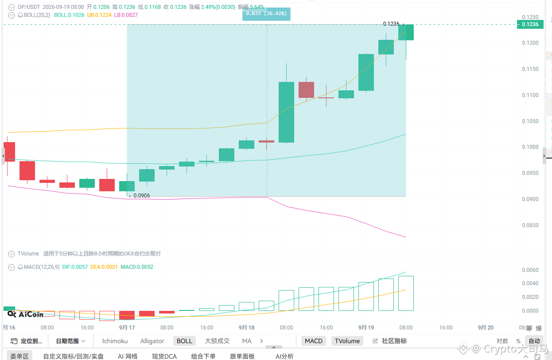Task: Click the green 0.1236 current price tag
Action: coord(530,24)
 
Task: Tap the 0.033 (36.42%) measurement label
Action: coord(266,14)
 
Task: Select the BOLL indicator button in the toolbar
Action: coord(184,341)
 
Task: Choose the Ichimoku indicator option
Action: coord(115,341)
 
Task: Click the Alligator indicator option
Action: coord(152,341)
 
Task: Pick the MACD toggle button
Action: coord(314,341)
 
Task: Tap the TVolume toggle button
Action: coord(347,341)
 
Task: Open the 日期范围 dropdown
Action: coord(70,341)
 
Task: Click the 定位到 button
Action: coord(26,341)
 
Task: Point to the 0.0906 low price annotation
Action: coord(141,196)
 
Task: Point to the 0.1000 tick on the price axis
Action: coord(530,147)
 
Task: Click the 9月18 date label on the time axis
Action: coord(246,328)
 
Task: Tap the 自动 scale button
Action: coord(534,341)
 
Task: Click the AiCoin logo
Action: coord(25,314)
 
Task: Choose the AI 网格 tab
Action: coord(128,356)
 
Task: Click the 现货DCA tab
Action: coord(164,356)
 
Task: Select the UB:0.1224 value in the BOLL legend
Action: coord(99,15)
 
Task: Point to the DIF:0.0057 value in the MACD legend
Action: coord(75,267)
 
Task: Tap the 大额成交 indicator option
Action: coord(217,341)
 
